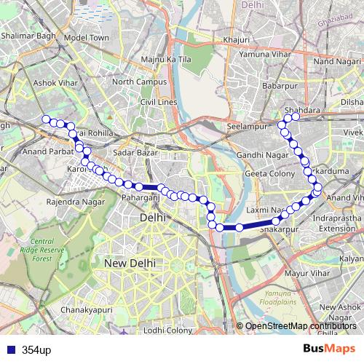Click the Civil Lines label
(159, 102)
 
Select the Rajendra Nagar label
(71, 202)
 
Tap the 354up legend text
(36, 350)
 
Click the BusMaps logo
(329, 349)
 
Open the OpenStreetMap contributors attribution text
(301, 326)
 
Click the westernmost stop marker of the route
(47, 119)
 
